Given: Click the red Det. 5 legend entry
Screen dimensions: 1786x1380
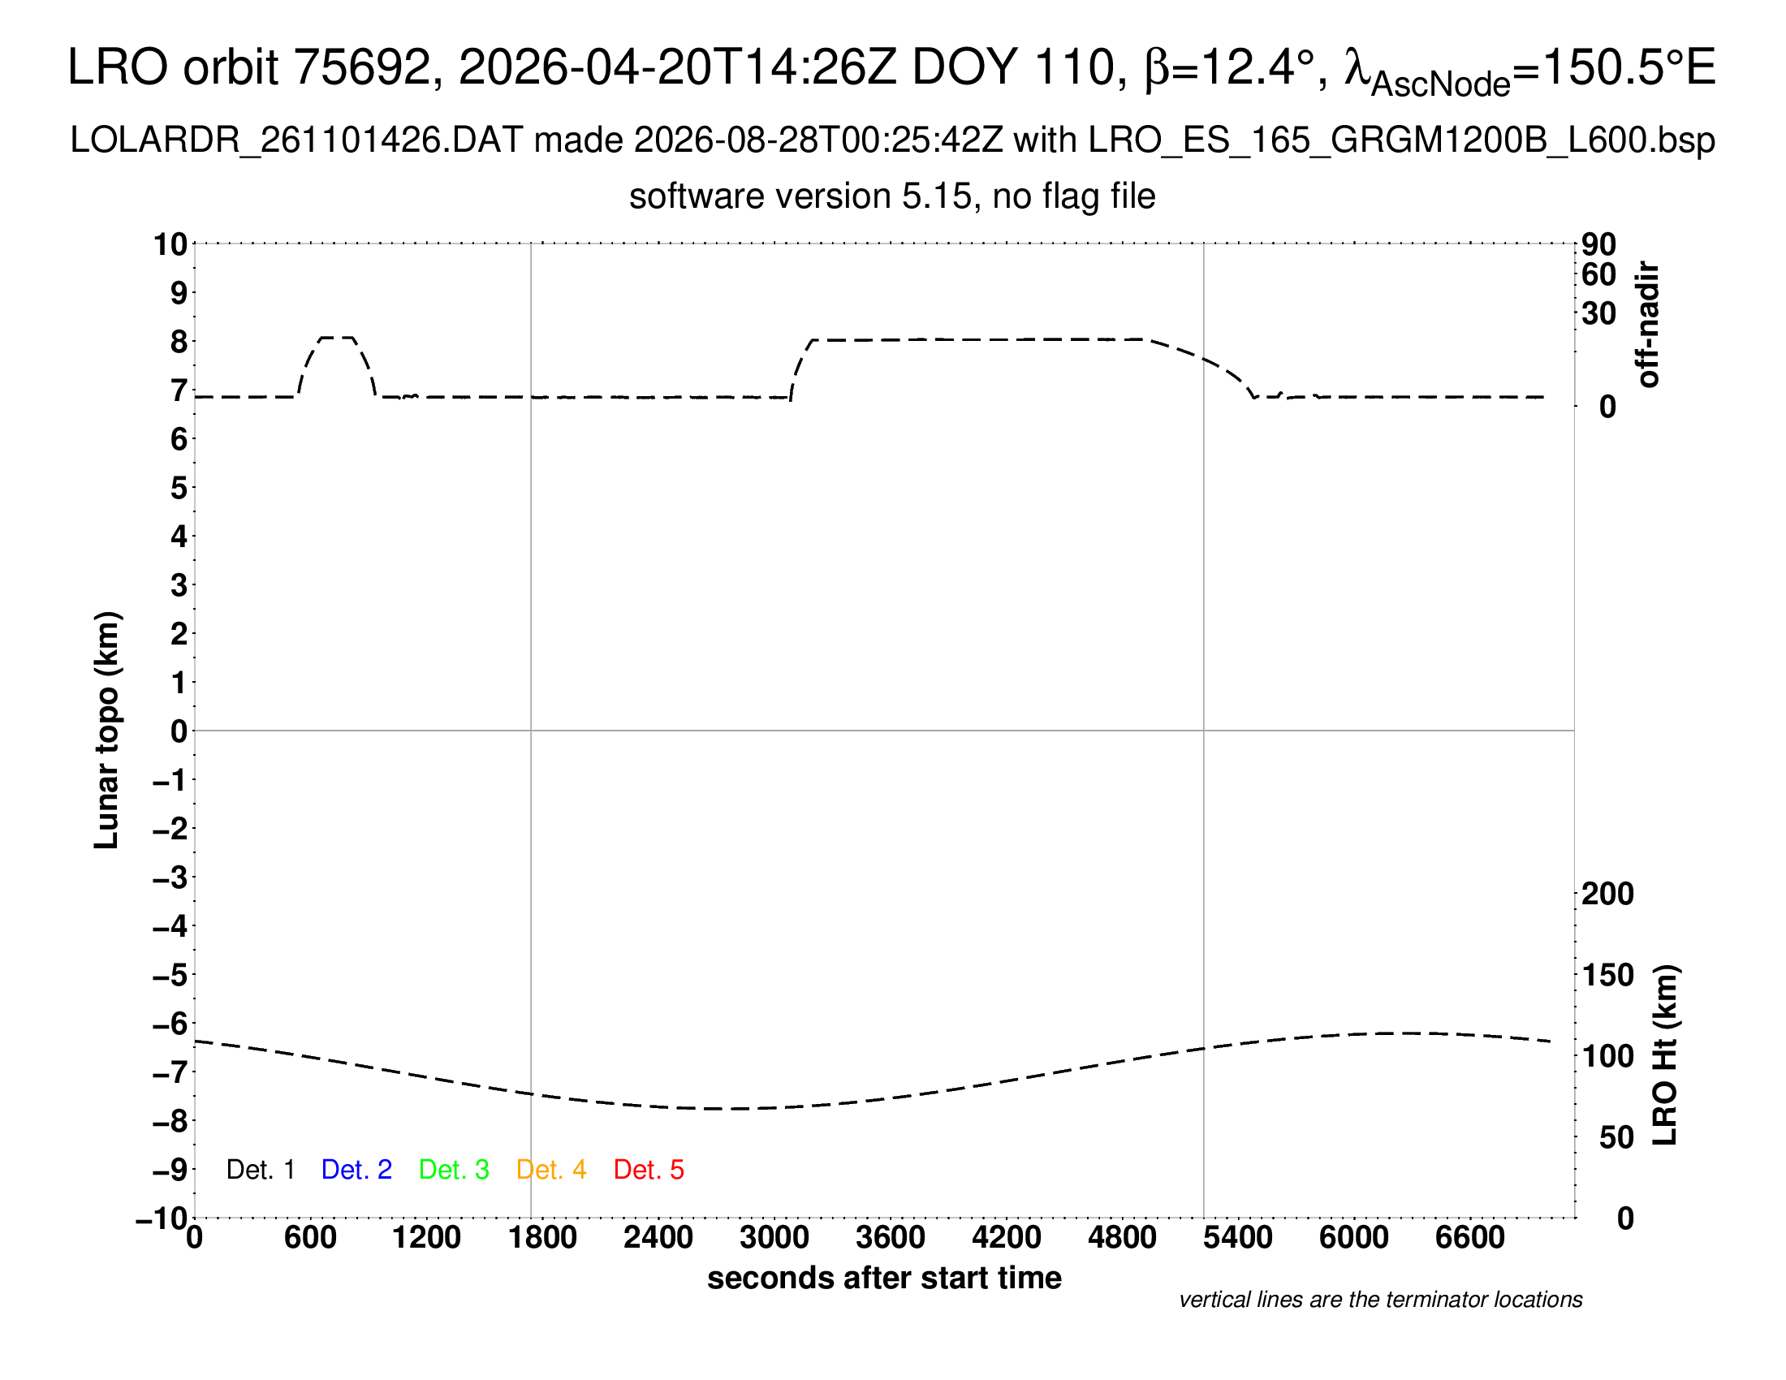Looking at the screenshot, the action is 649,1170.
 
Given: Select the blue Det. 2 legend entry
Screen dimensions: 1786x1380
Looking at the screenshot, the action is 356,1170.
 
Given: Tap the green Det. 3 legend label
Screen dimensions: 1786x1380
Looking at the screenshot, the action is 454,1170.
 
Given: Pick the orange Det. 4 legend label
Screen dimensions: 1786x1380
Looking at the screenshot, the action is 551,1170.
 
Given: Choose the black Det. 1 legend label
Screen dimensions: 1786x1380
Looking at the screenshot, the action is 260,1170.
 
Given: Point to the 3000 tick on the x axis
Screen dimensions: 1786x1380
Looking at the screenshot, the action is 774,1238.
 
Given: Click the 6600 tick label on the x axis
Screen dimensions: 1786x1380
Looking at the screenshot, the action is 1470,1238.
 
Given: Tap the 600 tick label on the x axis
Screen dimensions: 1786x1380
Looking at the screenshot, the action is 310,1238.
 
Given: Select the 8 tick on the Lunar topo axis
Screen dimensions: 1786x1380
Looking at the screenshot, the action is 179,342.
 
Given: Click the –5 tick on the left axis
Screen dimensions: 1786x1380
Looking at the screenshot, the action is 170,975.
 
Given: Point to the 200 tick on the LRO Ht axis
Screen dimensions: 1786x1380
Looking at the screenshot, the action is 1607,894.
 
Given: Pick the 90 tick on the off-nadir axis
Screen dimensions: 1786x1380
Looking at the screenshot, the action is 1598,244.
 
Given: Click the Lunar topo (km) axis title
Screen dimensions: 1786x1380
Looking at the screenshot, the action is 107,730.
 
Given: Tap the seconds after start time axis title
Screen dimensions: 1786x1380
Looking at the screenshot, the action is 884,1279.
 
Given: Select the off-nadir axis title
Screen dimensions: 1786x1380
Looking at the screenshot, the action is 1649,325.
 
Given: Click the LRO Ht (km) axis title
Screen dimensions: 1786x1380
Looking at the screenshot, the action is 1665,1055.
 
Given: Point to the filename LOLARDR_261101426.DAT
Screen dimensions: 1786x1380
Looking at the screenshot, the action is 296,140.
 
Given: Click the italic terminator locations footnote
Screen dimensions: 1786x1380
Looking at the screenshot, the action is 1380,1300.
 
